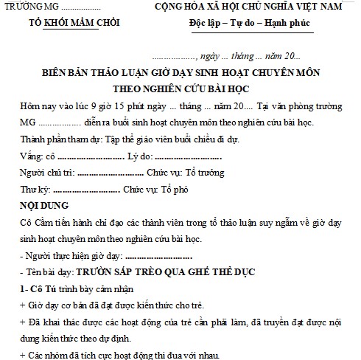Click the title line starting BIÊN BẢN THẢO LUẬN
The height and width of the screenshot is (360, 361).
(x=180, y=74)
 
